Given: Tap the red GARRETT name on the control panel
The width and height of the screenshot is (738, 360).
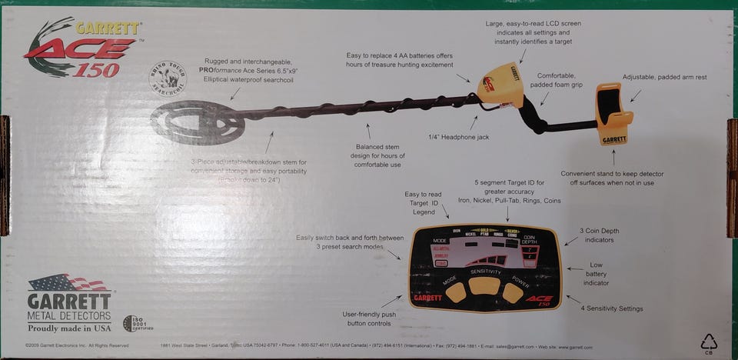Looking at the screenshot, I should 428,298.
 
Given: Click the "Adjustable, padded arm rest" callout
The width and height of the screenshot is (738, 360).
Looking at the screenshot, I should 664,78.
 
